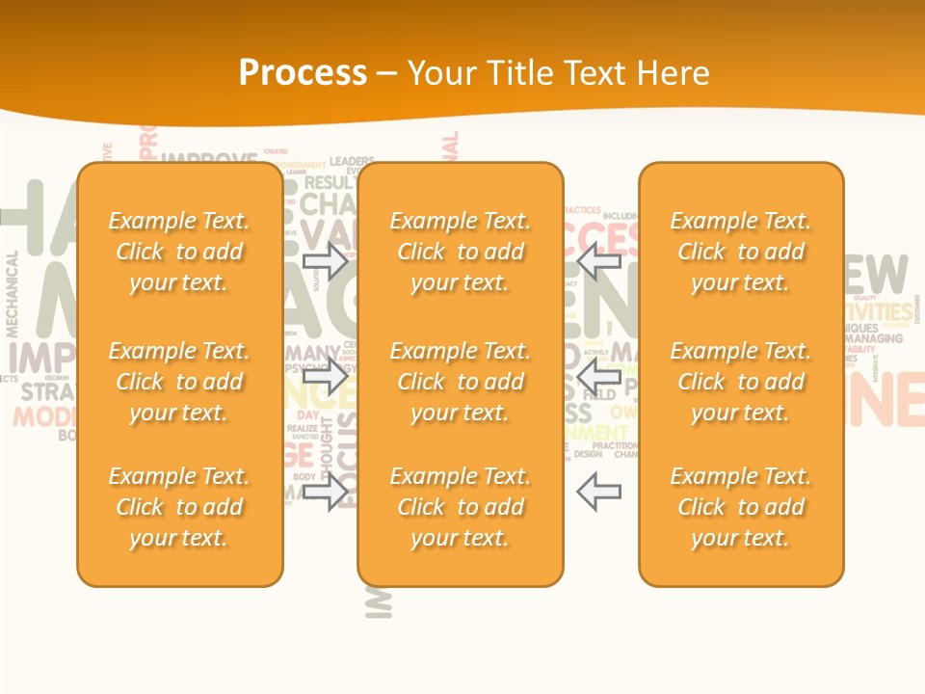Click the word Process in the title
tap(303, 73)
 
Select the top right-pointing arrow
tap(326, 260)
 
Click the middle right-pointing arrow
tap(326, 377)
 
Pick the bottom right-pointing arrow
tap(326, 492)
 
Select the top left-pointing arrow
tap(598, 260)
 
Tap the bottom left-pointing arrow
tap(598, 492)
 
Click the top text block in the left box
tap(179, 252)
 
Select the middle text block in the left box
tap(179, 382)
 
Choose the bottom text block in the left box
tap(179, 507)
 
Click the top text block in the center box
tap(461, 252)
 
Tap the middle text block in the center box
tap(461, 382)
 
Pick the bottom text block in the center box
tap(461, 507)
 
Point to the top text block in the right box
tap(741, 252)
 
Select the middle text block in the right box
tap(741, 382)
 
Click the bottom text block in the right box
tap(741, 507)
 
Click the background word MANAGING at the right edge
tap(874, 338)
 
